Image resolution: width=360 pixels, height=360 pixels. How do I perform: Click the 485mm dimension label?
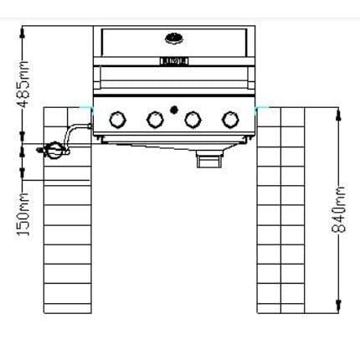pyautogui.click(x=23, y=85)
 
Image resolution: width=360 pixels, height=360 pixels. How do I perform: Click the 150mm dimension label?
pyautogui.click(x=23, y=214)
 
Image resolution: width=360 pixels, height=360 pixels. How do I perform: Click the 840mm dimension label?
pyautogui.click(x=338, y=209)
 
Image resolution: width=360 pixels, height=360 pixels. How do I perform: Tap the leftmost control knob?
pyautogui.click(x=117, y=120)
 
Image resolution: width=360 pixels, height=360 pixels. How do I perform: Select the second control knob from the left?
pyautogui.click(x=155, y=120)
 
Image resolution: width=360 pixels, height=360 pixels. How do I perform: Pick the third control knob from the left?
pyautogui.click(x=193, y=120)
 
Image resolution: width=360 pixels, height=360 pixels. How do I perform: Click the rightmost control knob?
pyautogui.click(x=230, y=120)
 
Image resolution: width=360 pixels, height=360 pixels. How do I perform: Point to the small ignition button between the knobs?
pyautogui.click(x=174, y=110)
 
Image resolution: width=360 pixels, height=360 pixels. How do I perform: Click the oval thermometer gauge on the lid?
pyautogui.click(x=174, y=39)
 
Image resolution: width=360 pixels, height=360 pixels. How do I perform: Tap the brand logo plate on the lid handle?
pyautogui.click(x=174, y=61)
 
